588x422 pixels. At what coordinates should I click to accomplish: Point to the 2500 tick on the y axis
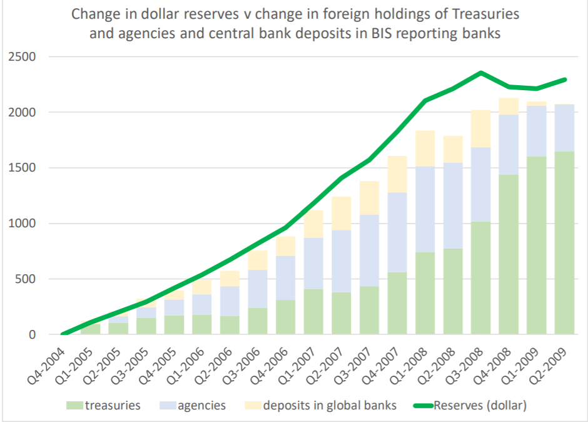pos(23,57)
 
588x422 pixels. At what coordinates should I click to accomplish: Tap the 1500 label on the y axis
pos(23,168)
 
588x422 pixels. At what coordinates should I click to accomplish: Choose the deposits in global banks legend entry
pos(329,405)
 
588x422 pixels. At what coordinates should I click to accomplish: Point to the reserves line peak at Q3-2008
pos(480,73)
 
